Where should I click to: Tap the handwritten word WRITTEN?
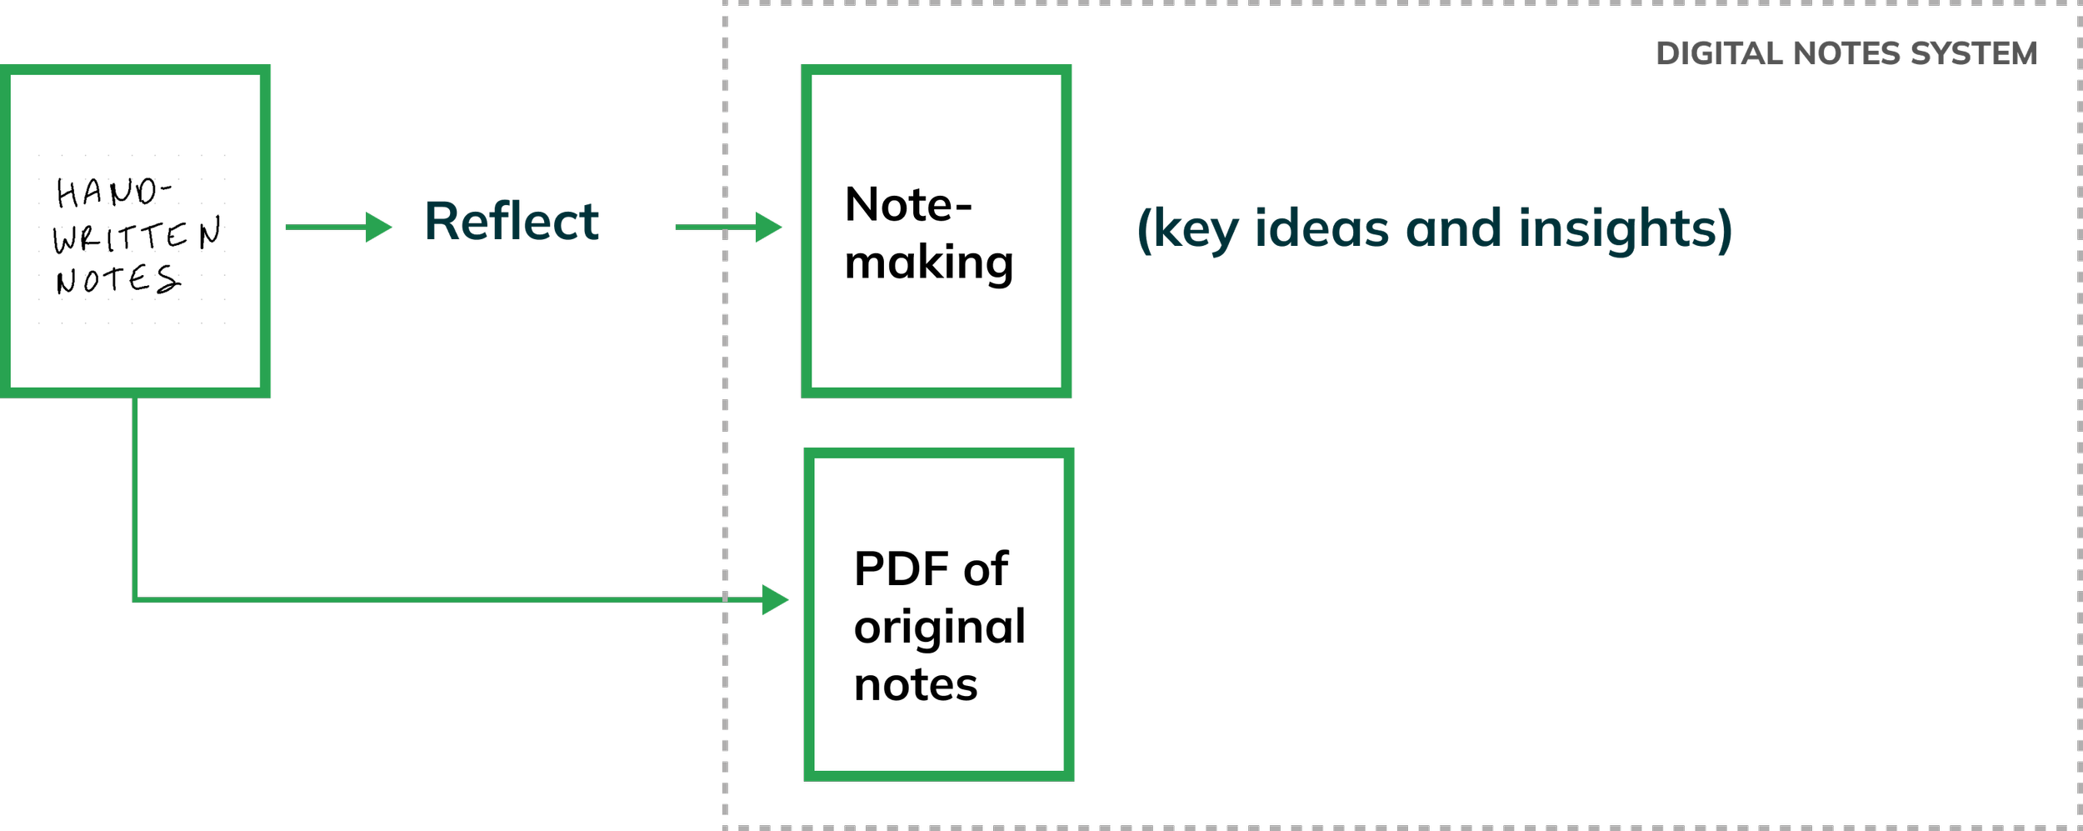[x=137, y=235]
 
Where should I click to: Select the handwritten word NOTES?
[x=117, y=279]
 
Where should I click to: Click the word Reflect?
[x=512, y=223]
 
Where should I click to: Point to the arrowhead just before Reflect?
[x=379, y=227]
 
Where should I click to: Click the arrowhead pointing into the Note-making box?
[x=768, y=227]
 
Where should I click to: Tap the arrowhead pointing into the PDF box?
[x=775, y=599]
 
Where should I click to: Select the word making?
[x=928, y=263]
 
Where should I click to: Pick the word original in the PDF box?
[x=939, y=628]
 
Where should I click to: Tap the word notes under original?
[x=915, y=685]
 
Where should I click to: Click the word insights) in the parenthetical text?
[x=1626, y=231]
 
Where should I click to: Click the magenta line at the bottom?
[x=1408, y=820]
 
